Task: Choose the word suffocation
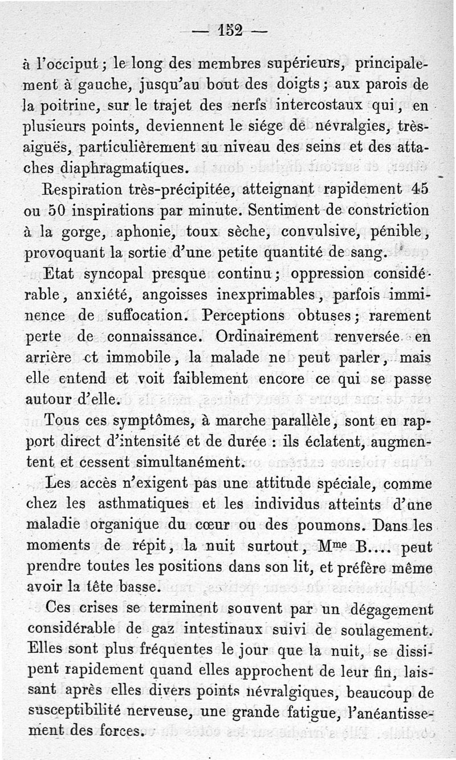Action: [x=139, y=315]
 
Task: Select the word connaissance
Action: [x=156, y=336]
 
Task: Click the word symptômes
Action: [x=148, y=420]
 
